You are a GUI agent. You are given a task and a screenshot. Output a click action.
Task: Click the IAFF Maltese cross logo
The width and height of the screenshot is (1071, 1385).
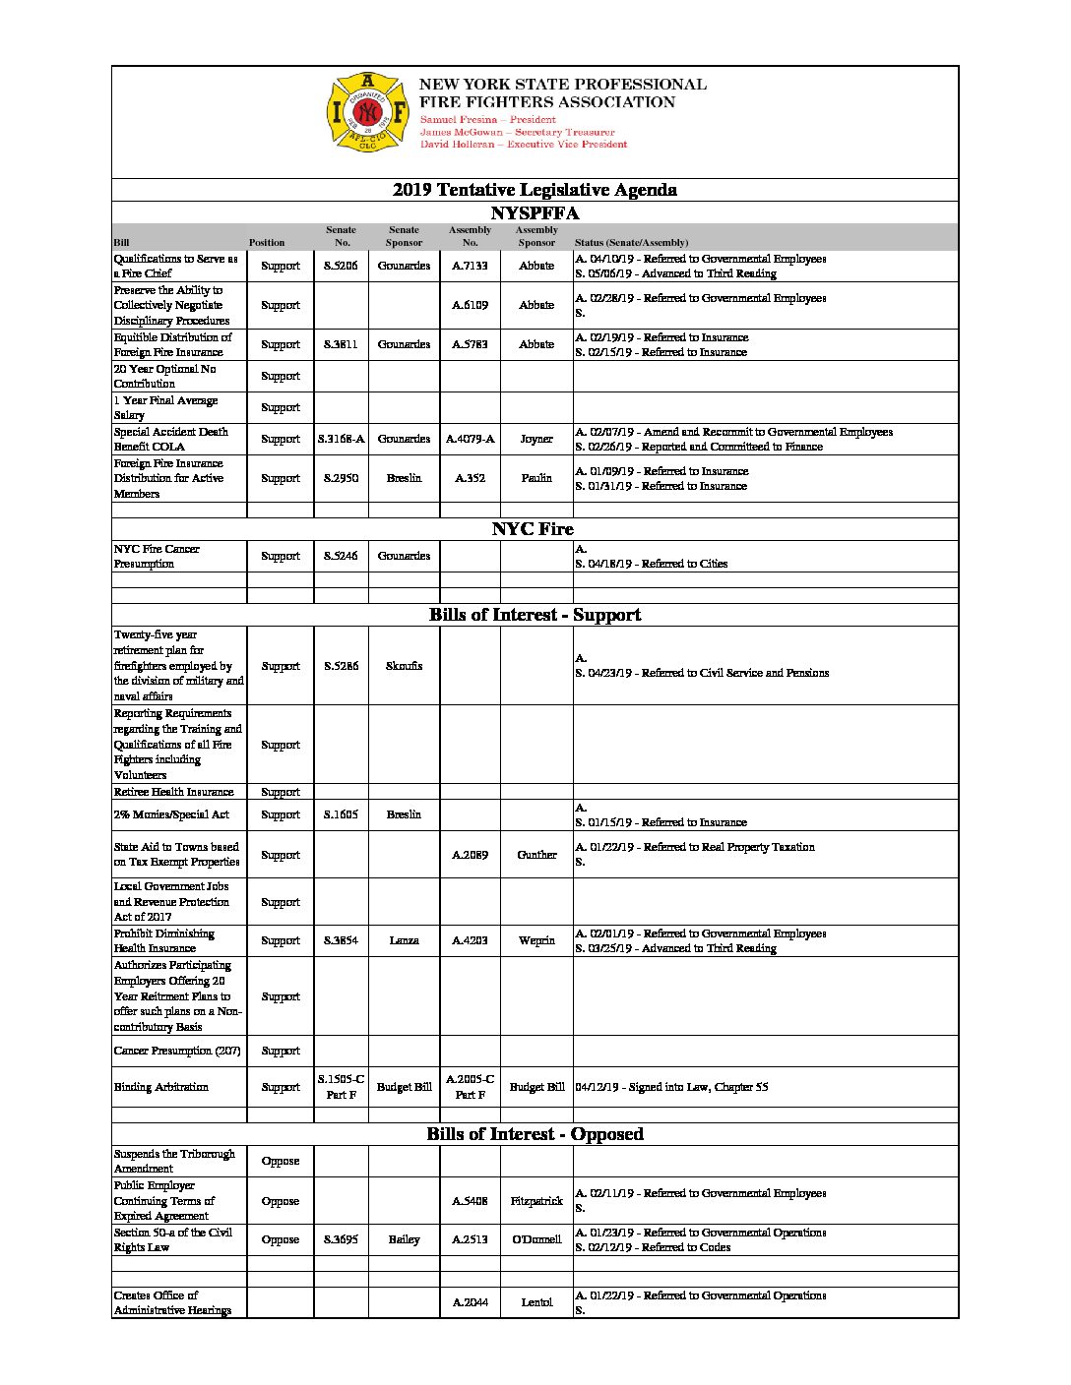click(x=367, y=111)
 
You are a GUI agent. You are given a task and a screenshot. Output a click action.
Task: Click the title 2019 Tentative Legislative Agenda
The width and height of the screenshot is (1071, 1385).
click(x=535, y=190)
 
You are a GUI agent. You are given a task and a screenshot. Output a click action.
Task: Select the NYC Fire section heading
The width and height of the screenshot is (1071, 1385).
click(x=533, y=529)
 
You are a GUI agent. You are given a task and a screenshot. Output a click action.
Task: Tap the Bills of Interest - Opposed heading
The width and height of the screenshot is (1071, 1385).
click(x=535, y=1134)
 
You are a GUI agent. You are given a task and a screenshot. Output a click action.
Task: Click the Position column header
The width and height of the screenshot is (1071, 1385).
click(x=267, y=242)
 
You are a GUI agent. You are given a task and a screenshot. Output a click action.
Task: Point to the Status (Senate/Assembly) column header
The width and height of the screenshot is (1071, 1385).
click(x=631, y=242)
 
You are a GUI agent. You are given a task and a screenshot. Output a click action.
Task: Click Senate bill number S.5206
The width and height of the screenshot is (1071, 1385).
click(x=341, y=266)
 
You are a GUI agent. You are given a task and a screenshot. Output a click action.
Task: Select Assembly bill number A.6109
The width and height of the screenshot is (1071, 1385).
click(x=470, y=305)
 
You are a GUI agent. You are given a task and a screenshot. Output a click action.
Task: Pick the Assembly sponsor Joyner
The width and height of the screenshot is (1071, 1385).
click(x=536, y=439)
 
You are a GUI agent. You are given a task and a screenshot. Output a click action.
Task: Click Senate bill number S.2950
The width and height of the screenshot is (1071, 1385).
click(x=341, y=478)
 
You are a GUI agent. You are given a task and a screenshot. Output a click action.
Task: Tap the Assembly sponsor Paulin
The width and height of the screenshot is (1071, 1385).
click(x=536, y=478)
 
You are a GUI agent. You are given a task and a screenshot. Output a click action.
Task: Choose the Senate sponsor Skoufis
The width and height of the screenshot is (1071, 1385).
click(x=404, y=666)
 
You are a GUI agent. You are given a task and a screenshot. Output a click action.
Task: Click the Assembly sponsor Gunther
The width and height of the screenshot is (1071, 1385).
click(x=536, y=855)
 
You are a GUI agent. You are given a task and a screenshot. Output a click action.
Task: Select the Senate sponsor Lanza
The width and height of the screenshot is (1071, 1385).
click(x=404, y=940)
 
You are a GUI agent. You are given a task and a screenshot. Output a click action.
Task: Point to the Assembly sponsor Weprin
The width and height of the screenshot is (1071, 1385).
click(x=536, y=940)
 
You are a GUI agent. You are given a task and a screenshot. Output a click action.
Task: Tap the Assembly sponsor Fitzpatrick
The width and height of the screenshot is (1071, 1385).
click(x=536, y=1201)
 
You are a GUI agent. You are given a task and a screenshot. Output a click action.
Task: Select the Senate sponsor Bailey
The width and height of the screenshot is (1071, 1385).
click(x=404, y=1239)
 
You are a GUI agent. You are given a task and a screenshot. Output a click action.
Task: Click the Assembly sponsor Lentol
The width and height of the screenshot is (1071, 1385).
click(x=536, y=1302)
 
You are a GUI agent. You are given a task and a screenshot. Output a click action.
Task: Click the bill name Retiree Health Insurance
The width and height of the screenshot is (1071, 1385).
click(x=174, y=792)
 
